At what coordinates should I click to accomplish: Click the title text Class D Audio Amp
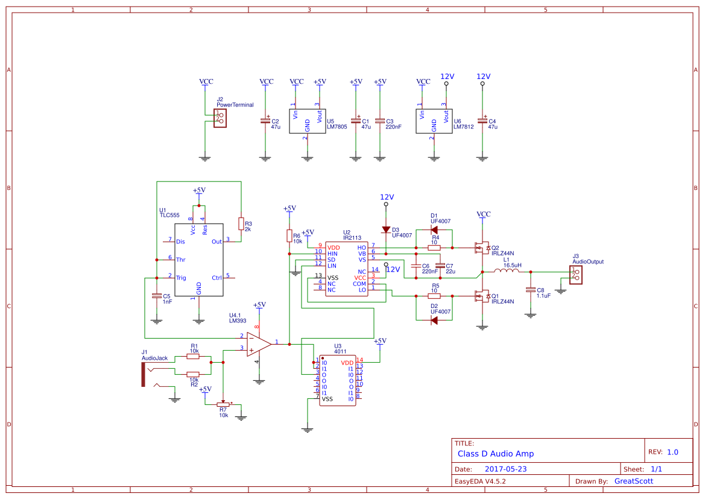[x=495, y=454]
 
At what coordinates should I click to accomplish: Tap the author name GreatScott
[x=633, y=481]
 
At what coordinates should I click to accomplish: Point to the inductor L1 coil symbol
[x=507, y=271]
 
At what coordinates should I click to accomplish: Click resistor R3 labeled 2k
[x=241, y=224]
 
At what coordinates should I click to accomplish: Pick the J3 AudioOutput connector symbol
[x=576, y=274]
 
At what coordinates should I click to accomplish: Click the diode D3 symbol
[x=386, y=229]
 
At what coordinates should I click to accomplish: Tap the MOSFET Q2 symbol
[x=481, y=247]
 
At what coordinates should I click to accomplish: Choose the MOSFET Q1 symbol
[x=481, y=296]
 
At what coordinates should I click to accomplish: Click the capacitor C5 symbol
[x=156, y=297]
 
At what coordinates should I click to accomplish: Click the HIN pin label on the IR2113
[x=332, y=254]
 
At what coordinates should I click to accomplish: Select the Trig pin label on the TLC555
[x=181, y=278]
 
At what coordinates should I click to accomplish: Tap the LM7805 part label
[x=337, y=127]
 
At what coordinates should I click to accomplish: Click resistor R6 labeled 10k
[x=289, y=236]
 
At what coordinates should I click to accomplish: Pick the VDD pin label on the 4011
[x=347, y=363]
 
